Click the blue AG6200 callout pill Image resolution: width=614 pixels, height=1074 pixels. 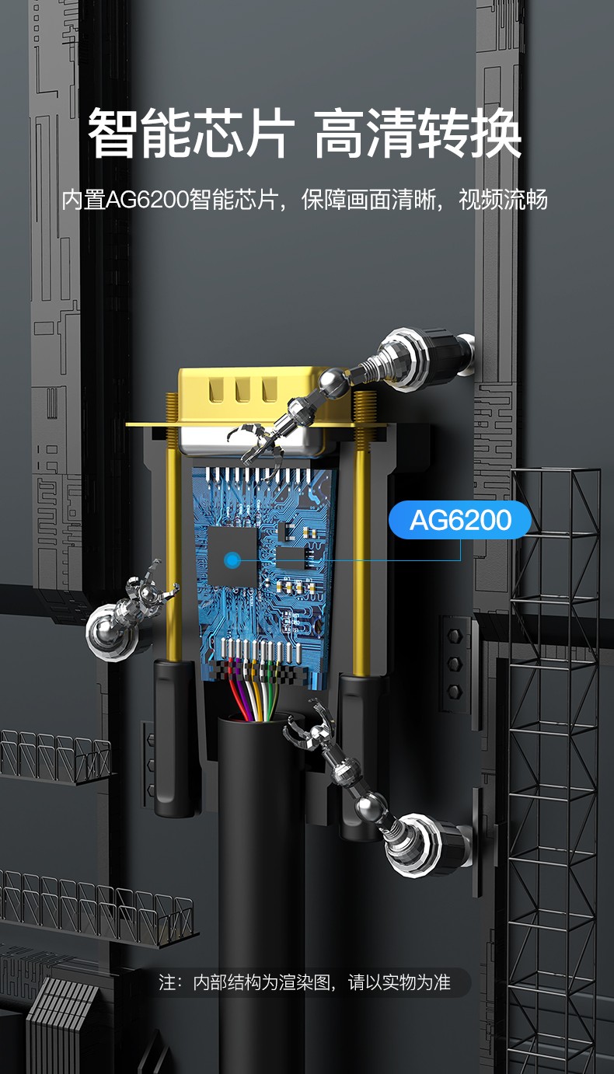pyautogui.click(x=459, y=520)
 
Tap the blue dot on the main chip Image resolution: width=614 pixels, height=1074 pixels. pyautogui.click(x=233, y=560)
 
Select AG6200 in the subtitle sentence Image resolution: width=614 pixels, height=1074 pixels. pyautogui.click(x=147, y=200)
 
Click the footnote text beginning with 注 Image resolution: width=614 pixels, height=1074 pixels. pyautogui.click(x=305, y=982)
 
